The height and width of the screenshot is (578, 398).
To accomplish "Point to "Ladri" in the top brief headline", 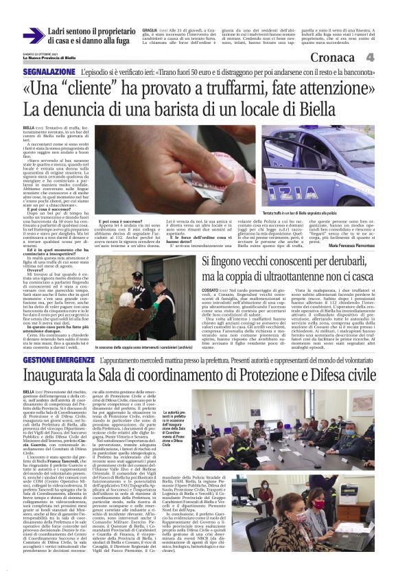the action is (x=62, y=32).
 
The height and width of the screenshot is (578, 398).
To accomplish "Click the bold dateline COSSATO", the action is (x=210, y=291).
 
